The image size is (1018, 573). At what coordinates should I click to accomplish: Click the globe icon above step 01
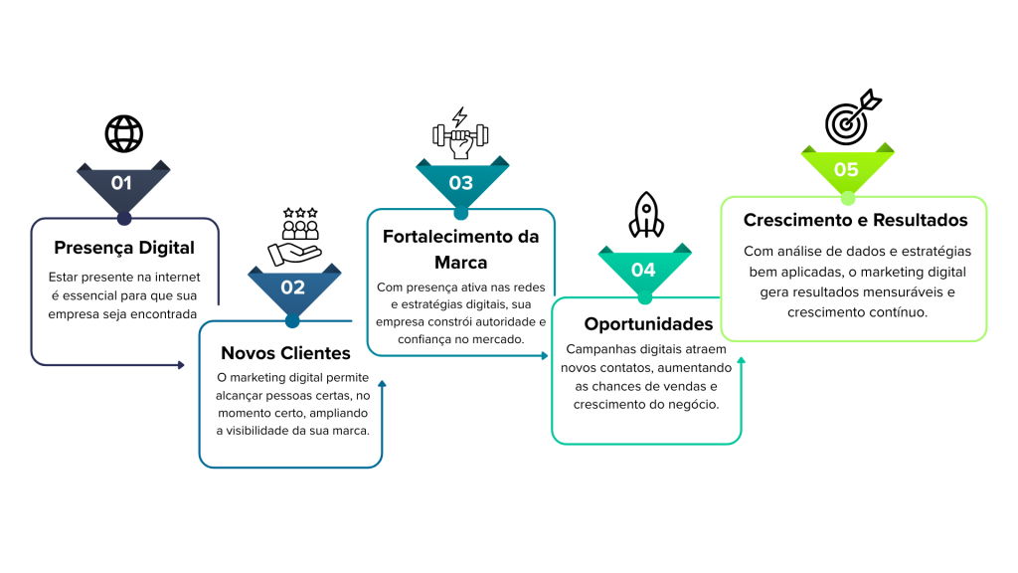(123, 133)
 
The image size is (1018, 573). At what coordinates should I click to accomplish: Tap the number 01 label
(121, 183)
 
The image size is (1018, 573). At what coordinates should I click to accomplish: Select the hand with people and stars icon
(293, 237)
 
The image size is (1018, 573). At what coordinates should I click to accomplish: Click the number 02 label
(292, 287)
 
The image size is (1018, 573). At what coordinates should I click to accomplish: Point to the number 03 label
(460, 183)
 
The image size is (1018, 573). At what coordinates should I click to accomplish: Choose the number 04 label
(643, 270)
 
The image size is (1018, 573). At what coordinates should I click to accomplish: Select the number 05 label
(846, 170)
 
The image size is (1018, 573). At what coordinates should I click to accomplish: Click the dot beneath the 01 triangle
(123, 218)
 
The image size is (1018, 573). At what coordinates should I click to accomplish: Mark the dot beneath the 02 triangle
(291, 321)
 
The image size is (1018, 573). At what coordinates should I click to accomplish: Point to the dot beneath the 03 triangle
(460, 213)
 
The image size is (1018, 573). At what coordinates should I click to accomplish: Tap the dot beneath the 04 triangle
(644, 297)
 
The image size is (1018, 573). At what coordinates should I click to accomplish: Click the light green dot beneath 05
(848, 198)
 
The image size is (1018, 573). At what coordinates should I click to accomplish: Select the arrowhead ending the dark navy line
(181, 365)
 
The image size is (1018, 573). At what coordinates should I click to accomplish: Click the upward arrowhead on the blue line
(382, 382)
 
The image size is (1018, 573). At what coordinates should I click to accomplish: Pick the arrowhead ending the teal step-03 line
(545, 355)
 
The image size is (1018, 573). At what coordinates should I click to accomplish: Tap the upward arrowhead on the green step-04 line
(741, 360)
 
